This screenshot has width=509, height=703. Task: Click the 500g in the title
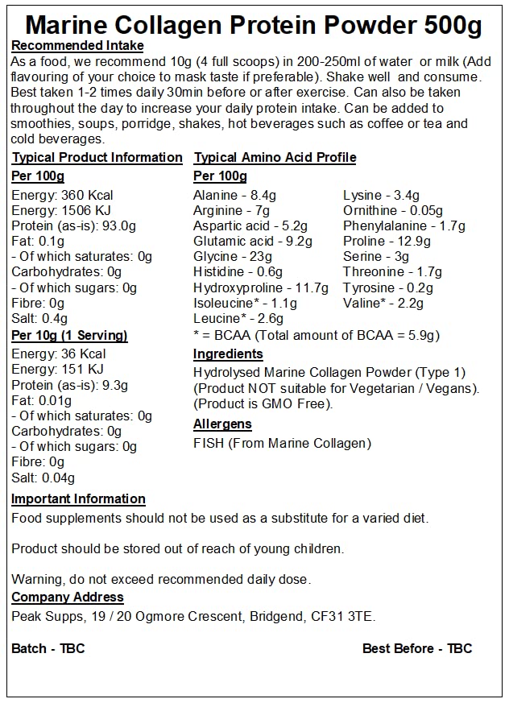point(452,26)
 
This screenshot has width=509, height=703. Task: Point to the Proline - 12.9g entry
point(387,242)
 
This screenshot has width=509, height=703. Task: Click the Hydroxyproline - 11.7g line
point(261,287)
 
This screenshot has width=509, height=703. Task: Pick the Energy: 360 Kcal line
point(62,196)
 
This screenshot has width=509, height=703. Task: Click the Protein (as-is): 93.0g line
point(74,226)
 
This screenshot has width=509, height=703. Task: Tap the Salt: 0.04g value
point(43,478)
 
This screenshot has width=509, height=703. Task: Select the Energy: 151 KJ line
point(59,370)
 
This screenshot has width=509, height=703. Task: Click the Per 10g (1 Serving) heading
point(69,336)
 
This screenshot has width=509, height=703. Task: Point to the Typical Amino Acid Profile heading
point(275,158)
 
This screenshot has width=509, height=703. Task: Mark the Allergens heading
point(222,424)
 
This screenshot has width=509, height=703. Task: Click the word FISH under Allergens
point(209,443)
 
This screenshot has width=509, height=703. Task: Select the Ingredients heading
point(228,354)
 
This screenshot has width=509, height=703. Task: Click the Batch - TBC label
point(48,648)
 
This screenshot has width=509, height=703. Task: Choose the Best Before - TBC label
point(417,648)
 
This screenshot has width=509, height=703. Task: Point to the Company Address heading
point(68,598)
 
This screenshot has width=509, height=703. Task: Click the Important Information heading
point(78,499)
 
